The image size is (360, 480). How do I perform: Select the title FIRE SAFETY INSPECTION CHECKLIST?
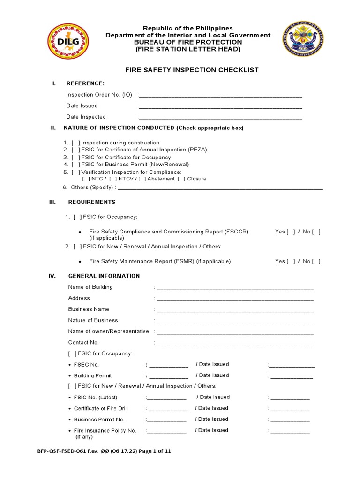click(191, 70)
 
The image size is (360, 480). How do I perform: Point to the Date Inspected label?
click(86, 117)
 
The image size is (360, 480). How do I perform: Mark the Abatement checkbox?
click(142, 179)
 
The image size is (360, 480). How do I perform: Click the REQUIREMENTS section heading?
click(92, 202)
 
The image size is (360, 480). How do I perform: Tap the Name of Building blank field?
click(235, 287)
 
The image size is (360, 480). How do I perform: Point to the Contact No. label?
click(83, 342)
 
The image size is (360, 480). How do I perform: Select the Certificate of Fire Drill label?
click(101, 408)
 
